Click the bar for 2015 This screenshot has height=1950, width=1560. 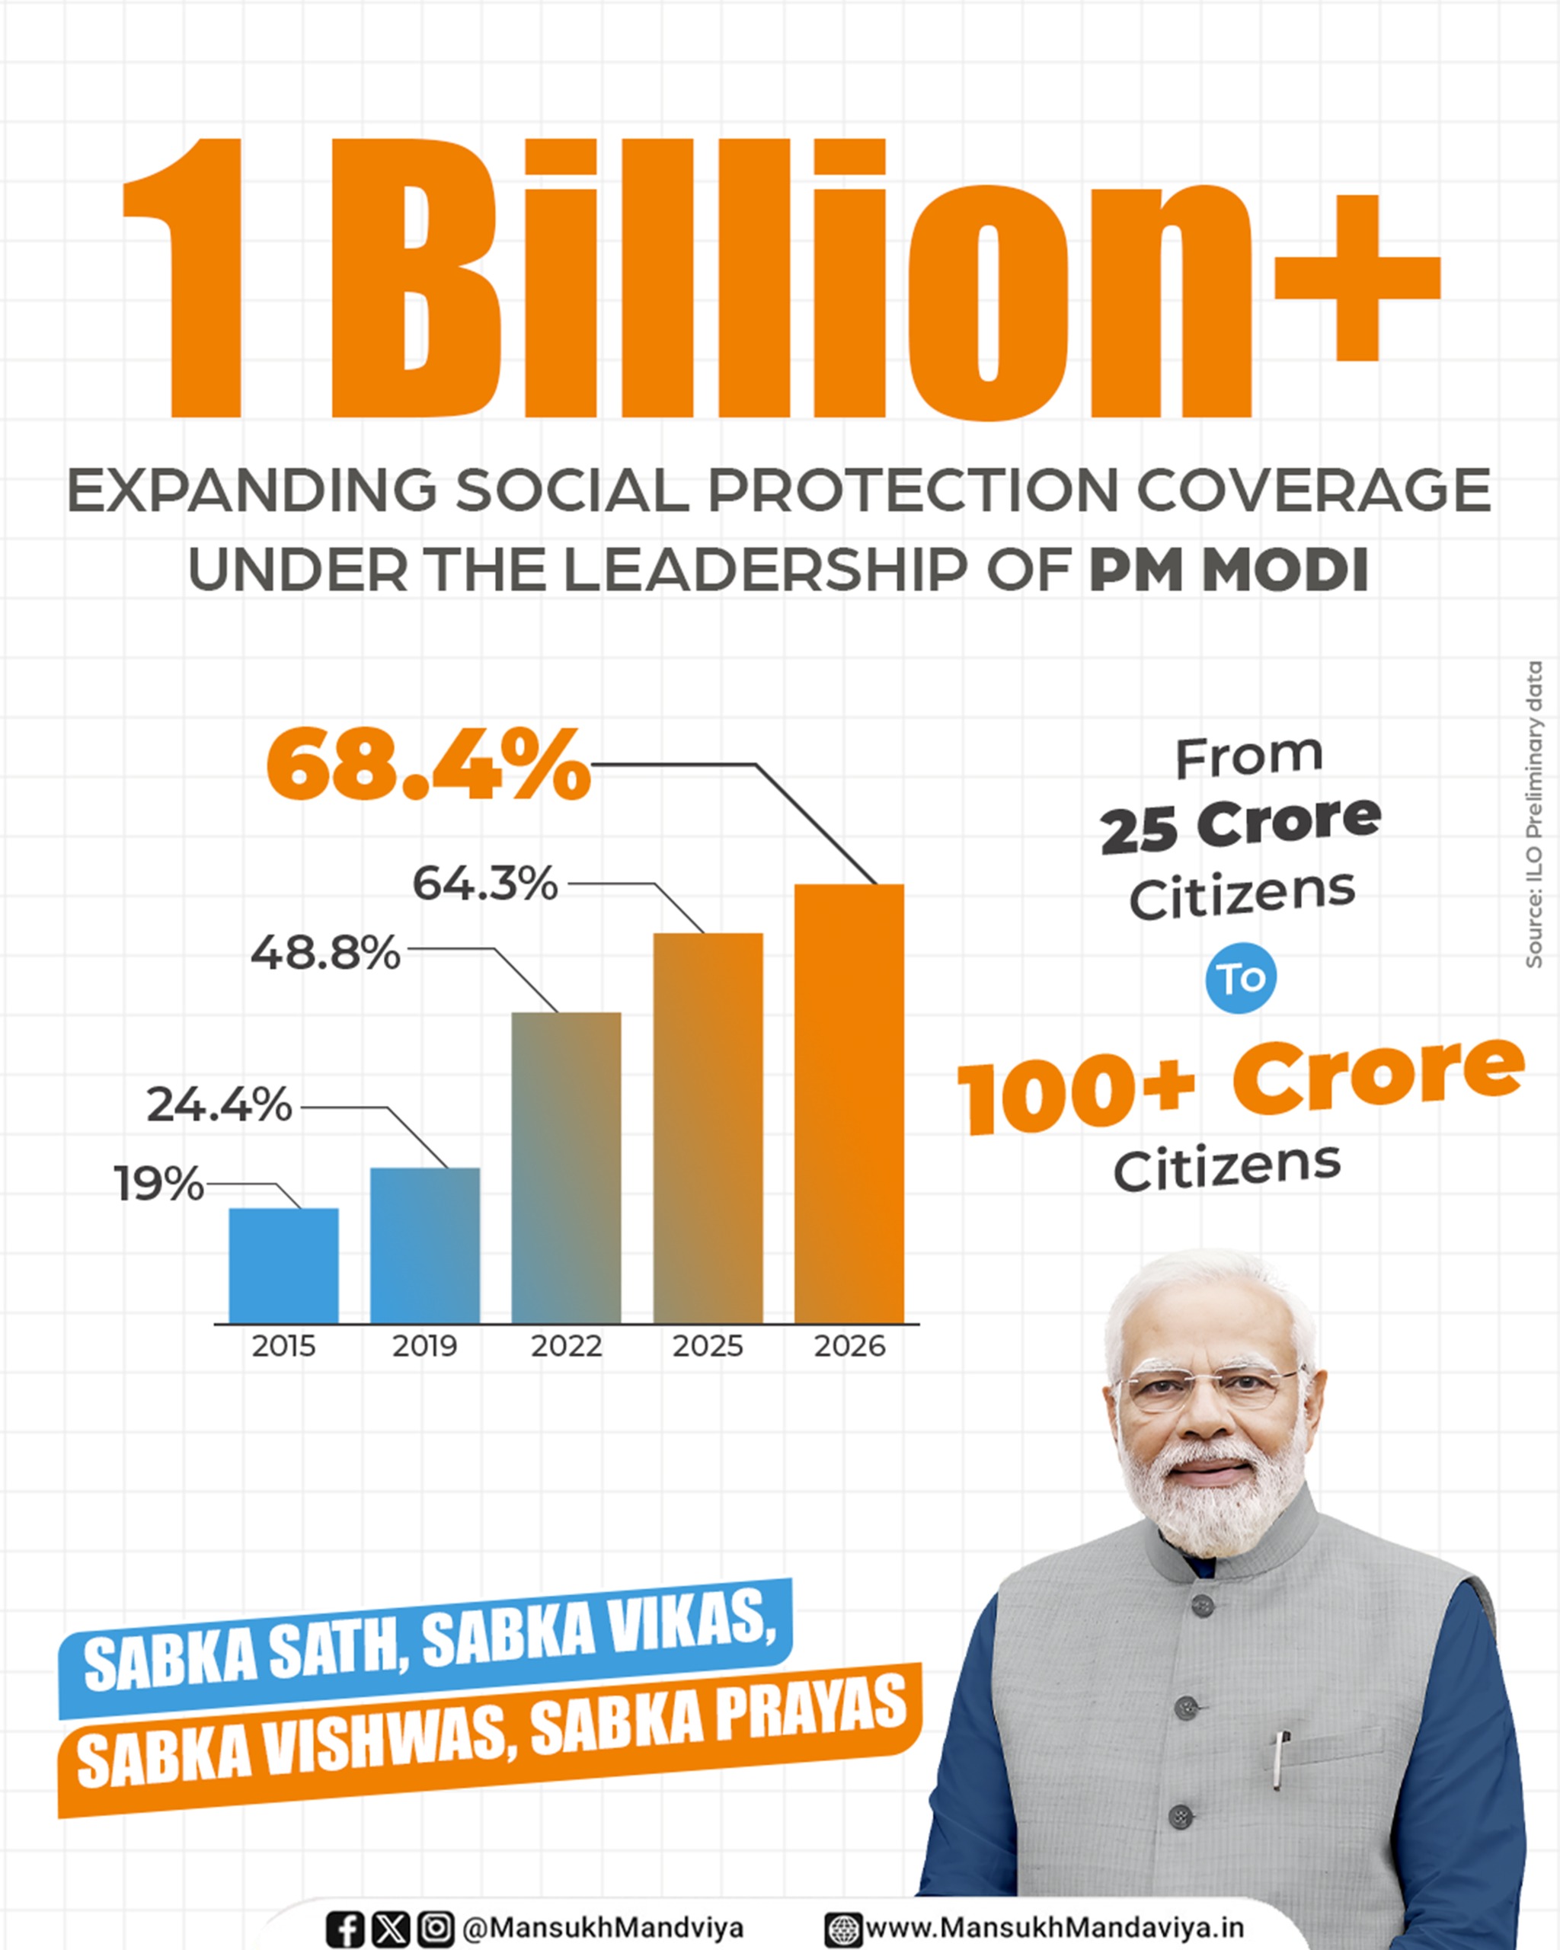click(284, 1265)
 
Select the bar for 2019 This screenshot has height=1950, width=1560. click(425, 1245)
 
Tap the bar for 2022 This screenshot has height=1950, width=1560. click(566, 1168)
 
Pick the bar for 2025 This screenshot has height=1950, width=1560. click(708, 1128)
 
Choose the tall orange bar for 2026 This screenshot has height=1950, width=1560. click(849, 1104)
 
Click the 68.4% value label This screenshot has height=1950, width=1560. click(429, 766)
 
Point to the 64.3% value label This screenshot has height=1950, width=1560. click(484, 884)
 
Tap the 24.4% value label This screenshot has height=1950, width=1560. click(220, 1104)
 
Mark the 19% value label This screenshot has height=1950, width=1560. click(159, 1183)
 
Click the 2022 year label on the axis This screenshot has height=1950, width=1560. click(566, 1347)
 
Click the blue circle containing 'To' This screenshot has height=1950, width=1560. click(1241, 978)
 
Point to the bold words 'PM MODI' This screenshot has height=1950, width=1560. click(1228, 570)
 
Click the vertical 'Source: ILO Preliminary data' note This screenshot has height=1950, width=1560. click(1534, 815)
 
